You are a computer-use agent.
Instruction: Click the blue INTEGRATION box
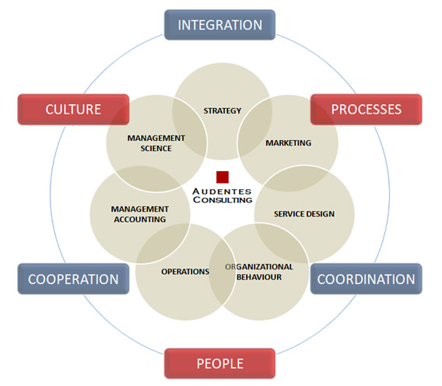pos(219,25)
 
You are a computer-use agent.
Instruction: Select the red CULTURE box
pos(73,110)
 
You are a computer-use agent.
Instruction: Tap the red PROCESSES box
pos(367,110)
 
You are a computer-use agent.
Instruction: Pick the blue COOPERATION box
pos(73,279)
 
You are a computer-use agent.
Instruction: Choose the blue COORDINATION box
pos(367,279)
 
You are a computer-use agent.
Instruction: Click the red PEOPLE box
pos(219,363)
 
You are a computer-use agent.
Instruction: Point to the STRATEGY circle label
pos(223,111)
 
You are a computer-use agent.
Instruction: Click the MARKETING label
pos(289,143)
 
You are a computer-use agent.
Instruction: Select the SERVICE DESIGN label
pos(304,214)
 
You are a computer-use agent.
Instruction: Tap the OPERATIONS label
pos(185,272)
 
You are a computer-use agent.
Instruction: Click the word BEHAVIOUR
pos(259,277)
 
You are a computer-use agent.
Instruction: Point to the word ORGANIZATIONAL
pos(259,267)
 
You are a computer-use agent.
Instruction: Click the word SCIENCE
pos(156,149)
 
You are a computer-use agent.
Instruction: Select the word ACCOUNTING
pos(140,219)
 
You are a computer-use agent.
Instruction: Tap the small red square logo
pos(223,177)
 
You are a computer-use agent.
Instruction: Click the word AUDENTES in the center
pos(222,191)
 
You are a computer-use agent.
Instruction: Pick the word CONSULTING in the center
pos(223,200)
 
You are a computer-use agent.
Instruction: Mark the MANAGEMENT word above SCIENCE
pos(156,139)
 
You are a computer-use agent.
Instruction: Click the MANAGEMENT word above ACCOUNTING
pos(140,209)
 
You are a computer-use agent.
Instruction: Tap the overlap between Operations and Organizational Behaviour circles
pos(223,272)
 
